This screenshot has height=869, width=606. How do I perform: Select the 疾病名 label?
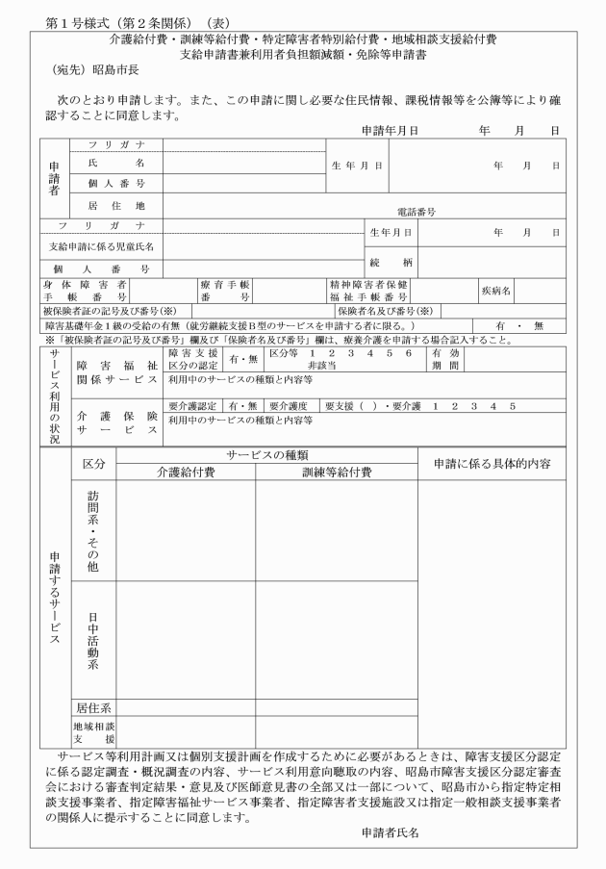(498, 288)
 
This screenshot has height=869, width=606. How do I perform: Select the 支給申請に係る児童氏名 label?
(101, 246)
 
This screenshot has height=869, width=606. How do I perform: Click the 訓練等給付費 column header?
(335, 472)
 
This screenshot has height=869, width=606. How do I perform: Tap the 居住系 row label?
(93, 707)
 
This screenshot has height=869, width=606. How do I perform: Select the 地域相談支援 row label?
(93, 731)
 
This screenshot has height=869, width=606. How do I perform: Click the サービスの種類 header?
(266, 454)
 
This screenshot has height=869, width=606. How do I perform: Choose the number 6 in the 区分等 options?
(409, 353)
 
